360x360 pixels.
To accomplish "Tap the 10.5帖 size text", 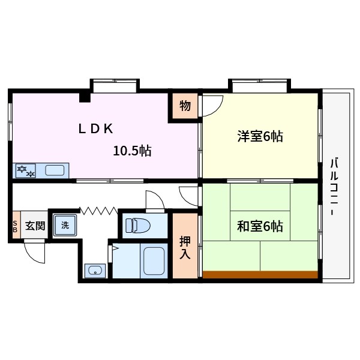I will point(132,151).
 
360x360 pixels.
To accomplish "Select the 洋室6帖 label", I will point(259,136).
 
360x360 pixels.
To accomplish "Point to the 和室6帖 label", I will point(259,226).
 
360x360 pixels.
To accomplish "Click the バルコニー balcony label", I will point(334,186).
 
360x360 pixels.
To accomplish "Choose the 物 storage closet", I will point(185,107).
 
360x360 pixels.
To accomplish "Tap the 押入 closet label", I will point(185,246).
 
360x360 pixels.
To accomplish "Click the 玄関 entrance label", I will point(35,226).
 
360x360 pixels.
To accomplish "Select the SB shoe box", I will point(16,226).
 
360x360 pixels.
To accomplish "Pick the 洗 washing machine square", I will point(64,226).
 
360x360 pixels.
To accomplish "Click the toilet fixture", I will point(137,226).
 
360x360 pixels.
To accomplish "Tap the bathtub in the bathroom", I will point(153,260).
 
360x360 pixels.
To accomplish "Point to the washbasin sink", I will point(94,271).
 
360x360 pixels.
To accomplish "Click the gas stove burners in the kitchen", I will point(26,170).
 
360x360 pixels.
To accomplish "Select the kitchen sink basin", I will point(55,170).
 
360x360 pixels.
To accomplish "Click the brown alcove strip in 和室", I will point(260,275).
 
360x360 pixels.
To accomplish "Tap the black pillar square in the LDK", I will point(85,97).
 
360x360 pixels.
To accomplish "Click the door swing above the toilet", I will point(154,199).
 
